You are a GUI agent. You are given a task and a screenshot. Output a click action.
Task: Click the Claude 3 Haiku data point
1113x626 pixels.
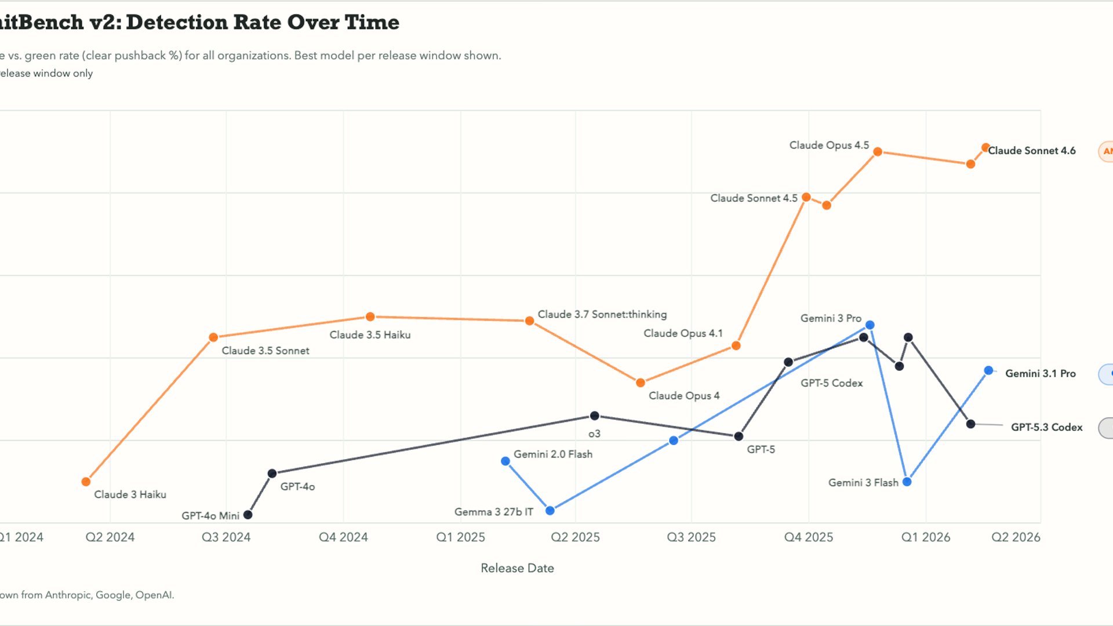[x=86, y=482]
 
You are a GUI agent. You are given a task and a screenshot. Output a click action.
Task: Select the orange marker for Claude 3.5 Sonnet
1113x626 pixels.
[x=213, y=337]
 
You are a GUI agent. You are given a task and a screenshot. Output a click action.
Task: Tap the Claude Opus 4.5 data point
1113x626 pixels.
[x=878, y=152]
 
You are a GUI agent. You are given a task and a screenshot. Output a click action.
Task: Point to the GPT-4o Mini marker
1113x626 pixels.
[x=248, y=515]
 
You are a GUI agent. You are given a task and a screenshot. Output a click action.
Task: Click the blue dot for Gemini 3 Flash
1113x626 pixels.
[x=907, y=482]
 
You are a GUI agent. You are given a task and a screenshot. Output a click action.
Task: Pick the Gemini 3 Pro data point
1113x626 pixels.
[x=870, y=325]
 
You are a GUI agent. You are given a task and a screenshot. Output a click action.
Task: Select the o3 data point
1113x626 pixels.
[x=594, y=416]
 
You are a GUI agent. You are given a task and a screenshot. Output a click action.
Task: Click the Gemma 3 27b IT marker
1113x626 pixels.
[x=550, y=511]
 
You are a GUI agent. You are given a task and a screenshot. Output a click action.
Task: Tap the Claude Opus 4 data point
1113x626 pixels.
[x=641, y=383]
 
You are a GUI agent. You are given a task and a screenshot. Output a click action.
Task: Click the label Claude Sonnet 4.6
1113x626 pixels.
[x=1031, y=151]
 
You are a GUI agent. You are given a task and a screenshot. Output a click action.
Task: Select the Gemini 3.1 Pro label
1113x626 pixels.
[x=1040, y=374]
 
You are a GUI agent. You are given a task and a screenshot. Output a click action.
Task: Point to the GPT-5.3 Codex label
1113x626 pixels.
[x=1046, y=427]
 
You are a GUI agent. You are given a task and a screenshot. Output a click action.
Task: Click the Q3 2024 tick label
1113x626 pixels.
[x=226, y=537]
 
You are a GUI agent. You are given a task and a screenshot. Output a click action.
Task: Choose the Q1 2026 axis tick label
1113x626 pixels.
[x=925, y=537]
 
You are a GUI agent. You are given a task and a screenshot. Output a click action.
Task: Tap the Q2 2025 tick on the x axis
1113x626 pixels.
[x=575, y=537]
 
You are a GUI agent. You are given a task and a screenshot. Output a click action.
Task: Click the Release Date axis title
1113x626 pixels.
[x=517, y=568]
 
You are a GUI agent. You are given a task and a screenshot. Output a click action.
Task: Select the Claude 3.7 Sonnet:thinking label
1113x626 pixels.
[x=602, y=314]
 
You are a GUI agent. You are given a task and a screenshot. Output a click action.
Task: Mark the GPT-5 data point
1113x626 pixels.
[x=739, y=436]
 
